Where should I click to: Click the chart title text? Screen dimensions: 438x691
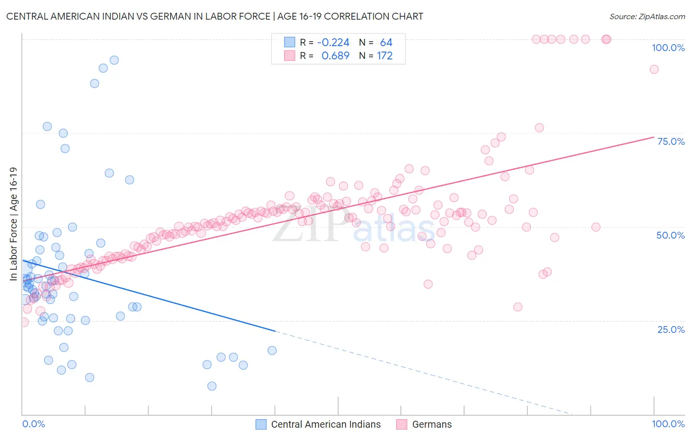tap(214, 16)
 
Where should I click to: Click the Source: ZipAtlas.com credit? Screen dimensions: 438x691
tap(647, 16)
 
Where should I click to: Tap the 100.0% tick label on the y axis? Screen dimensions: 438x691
tap(668, 48)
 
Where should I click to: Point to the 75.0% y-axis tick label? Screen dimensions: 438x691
tap(671, 141)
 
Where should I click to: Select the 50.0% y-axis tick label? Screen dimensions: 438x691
tap(670, 235)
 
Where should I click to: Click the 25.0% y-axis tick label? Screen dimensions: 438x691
tap(671, 329)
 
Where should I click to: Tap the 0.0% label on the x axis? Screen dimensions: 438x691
tap(33, 424)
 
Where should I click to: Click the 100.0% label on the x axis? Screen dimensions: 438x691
tap(668, 424)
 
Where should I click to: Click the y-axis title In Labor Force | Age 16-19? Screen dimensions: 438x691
tap(13, 224)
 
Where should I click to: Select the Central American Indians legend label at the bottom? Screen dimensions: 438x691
tap(326, 424)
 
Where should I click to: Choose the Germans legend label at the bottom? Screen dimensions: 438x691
tap(432, 424)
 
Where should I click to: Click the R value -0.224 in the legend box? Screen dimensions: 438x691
tap(333, 42)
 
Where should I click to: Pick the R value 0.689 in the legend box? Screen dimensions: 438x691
tap(335, 55)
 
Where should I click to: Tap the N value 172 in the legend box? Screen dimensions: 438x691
tap(385, 55)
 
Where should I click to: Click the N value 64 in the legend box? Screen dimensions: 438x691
tap(386, 42)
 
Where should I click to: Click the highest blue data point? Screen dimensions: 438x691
tap(114, 60)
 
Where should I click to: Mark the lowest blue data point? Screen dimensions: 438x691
tap(212, 386)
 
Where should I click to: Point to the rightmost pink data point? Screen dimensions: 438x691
tap(654, 69)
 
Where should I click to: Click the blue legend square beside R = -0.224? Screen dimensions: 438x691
tap(289, 42)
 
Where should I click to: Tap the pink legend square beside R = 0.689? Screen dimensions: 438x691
tap(289, 55)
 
